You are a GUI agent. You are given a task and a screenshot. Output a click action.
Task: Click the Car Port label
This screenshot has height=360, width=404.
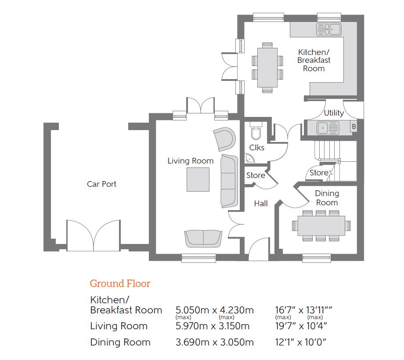click(x=101, y=184)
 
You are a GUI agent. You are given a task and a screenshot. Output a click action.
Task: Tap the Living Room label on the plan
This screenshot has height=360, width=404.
click(x=191, y=161)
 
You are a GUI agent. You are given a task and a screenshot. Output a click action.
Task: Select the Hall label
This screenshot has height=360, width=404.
click(x=261, y=204)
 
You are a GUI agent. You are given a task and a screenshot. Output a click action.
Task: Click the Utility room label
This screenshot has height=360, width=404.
click(x=334, y=113)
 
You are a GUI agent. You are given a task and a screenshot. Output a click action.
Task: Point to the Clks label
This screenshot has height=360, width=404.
click(x=256, y=148)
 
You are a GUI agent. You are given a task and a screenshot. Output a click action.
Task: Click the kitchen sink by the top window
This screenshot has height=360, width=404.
click(x=329, y=29)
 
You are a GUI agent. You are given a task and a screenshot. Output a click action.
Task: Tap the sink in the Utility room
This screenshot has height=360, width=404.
click(x=328, y=127)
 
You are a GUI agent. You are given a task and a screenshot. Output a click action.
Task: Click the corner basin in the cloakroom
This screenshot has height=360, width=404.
click(x=249, y=159)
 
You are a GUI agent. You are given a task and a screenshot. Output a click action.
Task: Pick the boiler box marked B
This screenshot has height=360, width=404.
click(x=354, y=126)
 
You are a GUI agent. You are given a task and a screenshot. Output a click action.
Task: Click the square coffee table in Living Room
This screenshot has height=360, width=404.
click(x=198, y=179)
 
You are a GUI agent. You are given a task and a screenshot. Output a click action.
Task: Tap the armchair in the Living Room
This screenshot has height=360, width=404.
click(x=224, y=139)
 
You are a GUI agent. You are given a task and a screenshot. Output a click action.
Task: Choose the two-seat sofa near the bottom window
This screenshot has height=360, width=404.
click(x=203, y=239)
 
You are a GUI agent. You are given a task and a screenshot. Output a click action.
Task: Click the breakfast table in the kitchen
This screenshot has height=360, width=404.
click(x=267, y=68)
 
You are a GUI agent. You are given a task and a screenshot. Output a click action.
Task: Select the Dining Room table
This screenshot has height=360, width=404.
click(x=321, y=225)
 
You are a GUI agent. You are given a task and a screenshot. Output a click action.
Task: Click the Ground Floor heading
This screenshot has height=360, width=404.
click(x=120, y=284)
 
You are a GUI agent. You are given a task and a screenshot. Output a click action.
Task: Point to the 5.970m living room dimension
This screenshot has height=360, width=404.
click(x=192, y=326)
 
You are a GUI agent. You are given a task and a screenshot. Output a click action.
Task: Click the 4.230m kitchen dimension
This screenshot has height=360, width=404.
click(x=237, y=310)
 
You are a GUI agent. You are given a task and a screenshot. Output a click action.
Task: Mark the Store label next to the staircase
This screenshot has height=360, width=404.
click(x=319, y=173)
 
